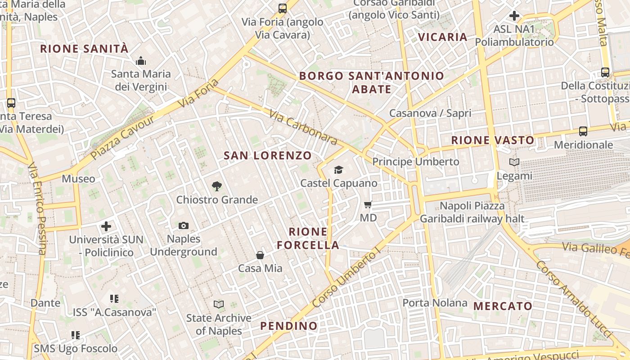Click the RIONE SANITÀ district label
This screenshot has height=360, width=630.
point(85,49)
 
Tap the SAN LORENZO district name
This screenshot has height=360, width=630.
point(268,156)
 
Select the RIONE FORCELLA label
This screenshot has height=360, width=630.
point(308,238)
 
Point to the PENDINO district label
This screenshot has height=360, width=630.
point(289,326)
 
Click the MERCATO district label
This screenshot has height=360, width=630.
point(503,306)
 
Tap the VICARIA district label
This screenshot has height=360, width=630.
point(443,37)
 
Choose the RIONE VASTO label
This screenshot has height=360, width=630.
point(493,140)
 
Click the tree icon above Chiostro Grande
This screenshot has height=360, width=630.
point(217,186)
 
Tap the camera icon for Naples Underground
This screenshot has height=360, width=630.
point(184,225)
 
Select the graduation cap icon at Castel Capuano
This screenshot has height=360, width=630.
point(338,170)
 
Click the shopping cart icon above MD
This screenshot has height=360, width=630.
point(368,205)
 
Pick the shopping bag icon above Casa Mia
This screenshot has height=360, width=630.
point(260,255)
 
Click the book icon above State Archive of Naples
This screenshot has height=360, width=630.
point(219,305)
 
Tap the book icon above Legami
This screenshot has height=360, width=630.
point(514,162)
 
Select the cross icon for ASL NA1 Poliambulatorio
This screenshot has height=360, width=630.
point(514,16)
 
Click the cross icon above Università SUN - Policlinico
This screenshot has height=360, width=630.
point(106,226)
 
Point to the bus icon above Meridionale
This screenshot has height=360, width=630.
point(583,131)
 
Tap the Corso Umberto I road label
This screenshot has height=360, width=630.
point(346,280)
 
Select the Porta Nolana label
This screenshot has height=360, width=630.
point(435,303)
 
